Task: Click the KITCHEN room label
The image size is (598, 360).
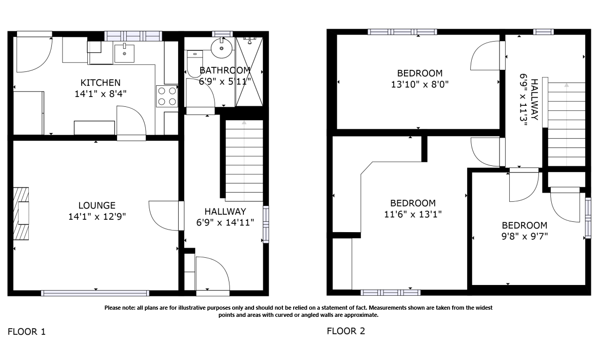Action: coord(101,83)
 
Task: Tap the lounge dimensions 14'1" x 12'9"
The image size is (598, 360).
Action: coord(97,217)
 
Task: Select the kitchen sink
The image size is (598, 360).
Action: coord(124,52)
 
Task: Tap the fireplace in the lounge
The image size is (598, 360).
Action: coord(22,213)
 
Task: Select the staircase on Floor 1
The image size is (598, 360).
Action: coord(244,160)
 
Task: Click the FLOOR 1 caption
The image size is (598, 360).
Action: coord(27,332)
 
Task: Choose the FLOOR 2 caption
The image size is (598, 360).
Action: coord(346,331)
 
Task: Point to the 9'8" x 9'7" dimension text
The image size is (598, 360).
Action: coord(524,237)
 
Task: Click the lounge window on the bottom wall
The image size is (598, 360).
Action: coord(95,293)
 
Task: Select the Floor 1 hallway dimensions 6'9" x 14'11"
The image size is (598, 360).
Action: coord(225,222)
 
